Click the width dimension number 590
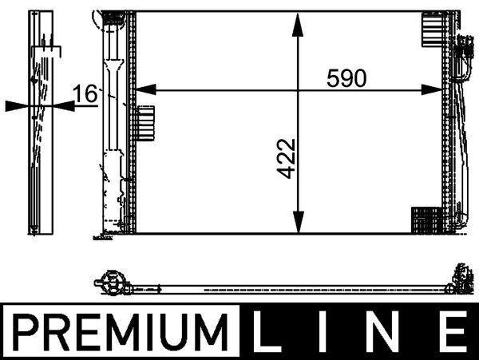[x=345, y=79]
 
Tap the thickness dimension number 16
[x=85, y=94]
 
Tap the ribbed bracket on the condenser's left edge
[x=144, y=124]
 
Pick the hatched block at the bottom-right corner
[x=426, y=219]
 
